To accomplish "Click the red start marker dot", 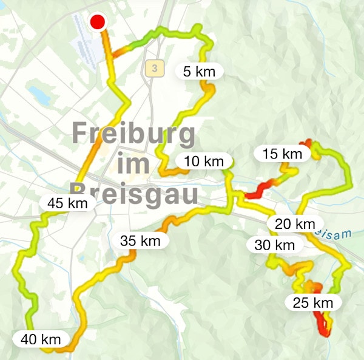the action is [98, 23].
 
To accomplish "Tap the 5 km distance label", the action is [199, 72].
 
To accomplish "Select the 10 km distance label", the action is [204, 161].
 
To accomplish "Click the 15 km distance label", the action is [282, 154].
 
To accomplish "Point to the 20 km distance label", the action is [295, 224].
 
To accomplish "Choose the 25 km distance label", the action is [312, 302].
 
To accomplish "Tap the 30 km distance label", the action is [274, 245].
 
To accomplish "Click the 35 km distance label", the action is [140, 241].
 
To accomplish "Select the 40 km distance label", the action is [41, 339].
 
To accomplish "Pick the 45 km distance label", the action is [67, 203].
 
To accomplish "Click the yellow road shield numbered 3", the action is [155, 69].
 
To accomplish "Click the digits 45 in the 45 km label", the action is [57, 203].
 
